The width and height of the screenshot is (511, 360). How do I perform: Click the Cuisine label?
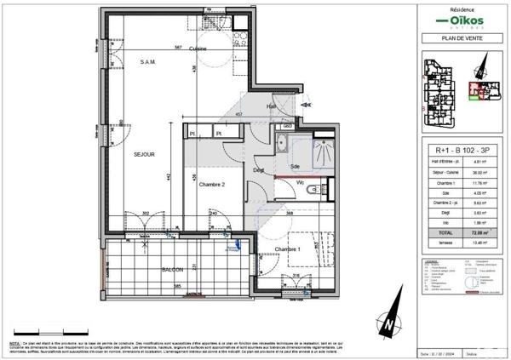pyautogui.click(x=198, y=49)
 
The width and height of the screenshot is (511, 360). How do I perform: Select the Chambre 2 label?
pyautogui.click(x=212, y=184)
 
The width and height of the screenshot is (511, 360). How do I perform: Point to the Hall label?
pyautogui.click(x=272, y=106)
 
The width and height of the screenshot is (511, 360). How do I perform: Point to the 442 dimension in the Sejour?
pyautogui.click(x=169, y=177)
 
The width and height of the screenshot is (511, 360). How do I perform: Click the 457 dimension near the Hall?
pyautogui.click(x=240, y=114)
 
